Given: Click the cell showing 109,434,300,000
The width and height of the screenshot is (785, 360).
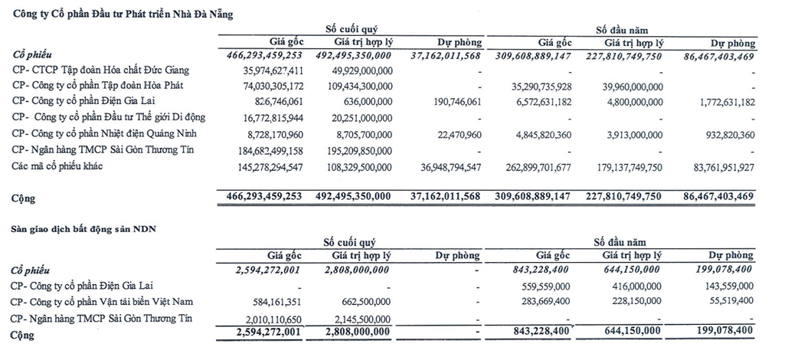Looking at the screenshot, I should point(354,85).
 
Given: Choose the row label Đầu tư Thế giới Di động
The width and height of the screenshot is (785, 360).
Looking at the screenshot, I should point(108,117).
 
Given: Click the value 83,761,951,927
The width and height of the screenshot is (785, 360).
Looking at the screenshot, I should point(712,166).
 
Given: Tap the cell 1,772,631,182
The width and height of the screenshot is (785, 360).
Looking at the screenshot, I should point(718,101).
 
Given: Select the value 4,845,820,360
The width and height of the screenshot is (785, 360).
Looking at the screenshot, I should point(534,133).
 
